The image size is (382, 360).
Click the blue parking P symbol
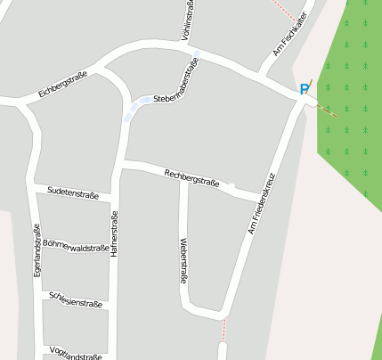point(305,89)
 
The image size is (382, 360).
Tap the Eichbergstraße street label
point(62,85)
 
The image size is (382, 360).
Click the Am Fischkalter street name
point(290,38)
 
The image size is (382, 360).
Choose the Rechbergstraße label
point(191,176)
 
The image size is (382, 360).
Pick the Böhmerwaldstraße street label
point(75,247)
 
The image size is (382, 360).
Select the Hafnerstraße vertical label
point(114,235)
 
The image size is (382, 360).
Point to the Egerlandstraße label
point(37,250)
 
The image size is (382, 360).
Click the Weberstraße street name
point(183,260)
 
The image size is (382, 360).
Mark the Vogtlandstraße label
point(76,353)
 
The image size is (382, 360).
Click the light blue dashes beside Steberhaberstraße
point(135,108)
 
